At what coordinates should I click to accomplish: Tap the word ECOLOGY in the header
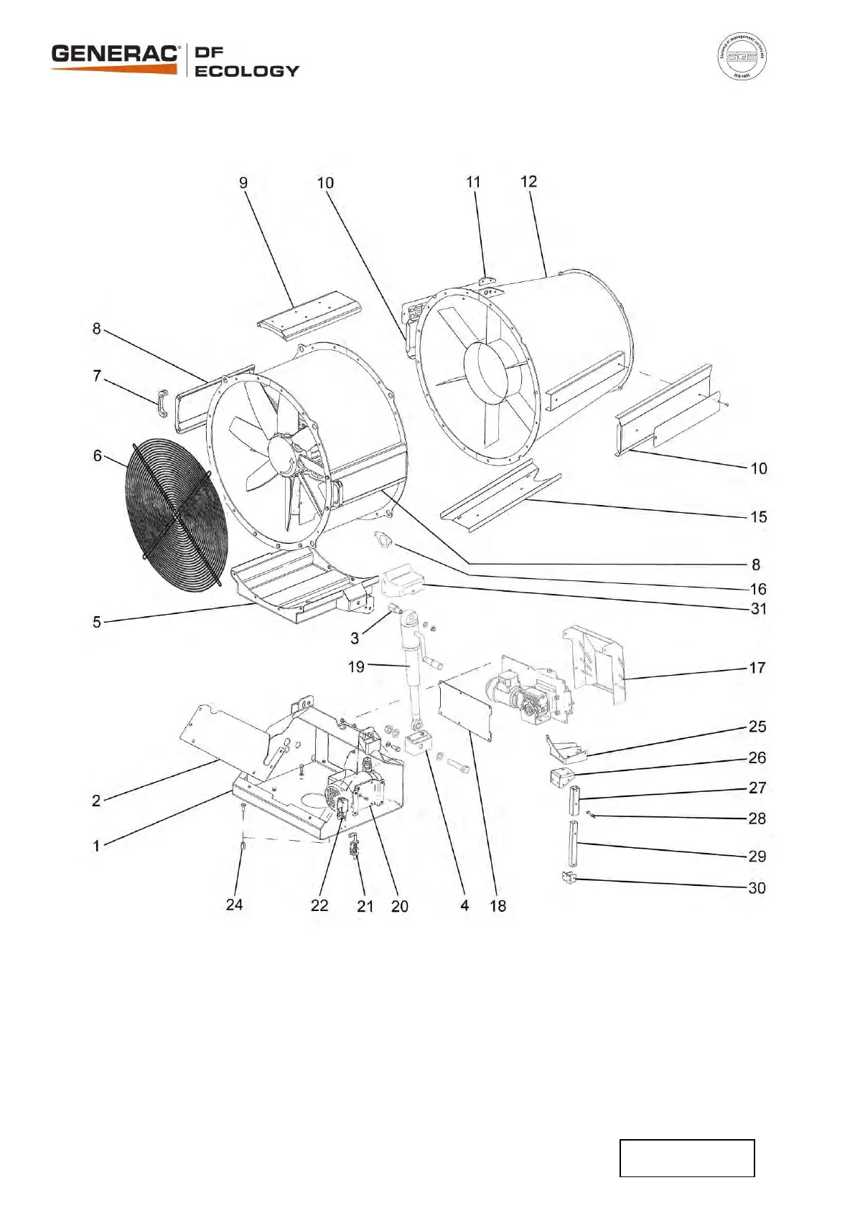click(x=246, y=71)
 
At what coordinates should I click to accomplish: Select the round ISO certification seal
click(x=742, y=56)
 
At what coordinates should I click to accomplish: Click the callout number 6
click(x=98, y=456)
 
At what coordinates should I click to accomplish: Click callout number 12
click(x=528, y=181)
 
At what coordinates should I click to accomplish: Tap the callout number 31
click(x=758, y=608)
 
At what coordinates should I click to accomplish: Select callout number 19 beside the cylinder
click(x=356, y=666)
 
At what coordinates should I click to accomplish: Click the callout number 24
click(x=234, y=905)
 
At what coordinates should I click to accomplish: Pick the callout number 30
click(x=757, y=888)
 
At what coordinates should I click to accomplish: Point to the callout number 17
click(x=757, y=668)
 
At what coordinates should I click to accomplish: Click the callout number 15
click(x=758, y=516)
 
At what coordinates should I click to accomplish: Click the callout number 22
click(x=319, y=905)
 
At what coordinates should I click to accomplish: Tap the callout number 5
click(x=97, y=622)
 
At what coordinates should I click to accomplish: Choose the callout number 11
click(x=473, y=182)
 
